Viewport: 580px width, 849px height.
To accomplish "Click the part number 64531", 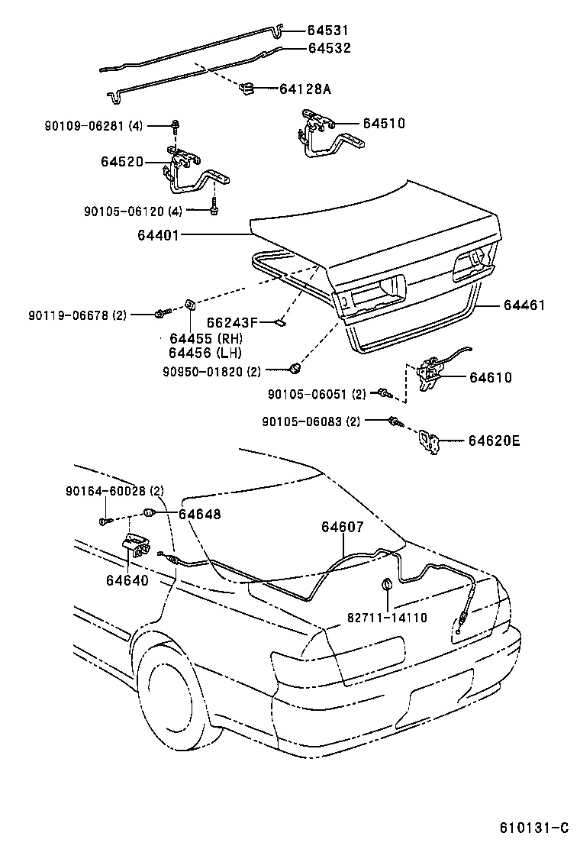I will (327, 31).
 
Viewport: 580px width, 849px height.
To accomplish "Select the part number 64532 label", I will (329, 47).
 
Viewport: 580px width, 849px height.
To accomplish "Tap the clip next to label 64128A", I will (248, 89).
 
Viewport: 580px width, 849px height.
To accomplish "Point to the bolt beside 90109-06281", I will (175, 125).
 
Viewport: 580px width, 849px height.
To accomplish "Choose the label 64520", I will (121, 162).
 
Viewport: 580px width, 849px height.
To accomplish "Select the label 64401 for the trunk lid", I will (158, 235).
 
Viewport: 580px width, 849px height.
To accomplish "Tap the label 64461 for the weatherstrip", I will (524, 305).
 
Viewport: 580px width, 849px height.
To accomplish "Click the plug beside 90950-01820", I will (293, 370).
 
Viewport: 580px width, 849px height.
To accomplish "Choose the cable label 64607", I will (342, 527).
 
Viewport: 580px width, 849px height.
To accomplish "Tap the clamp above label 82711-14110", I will (386, 586).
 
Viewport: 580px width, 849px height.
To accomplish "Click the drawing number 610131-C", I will (534, 828).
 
